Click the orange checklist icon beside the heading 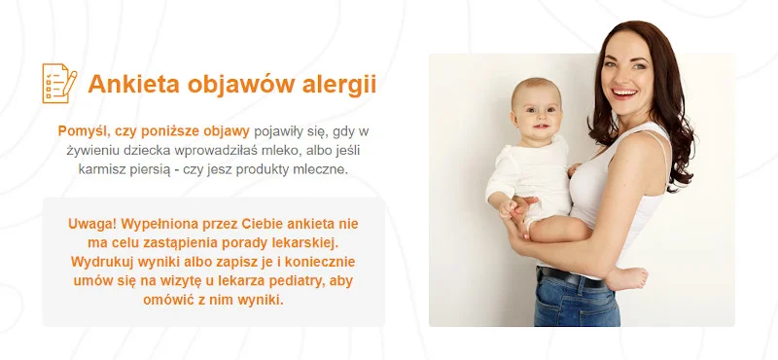(x=59, y=83)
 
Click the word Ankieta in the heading (x=133, y=84)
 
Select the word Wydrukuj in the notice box (x=94, y=262)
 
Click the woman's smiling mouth (x=624, y=93)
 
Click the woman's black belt (x=571, y=277)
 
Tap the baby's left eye (x=548, y=109)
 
